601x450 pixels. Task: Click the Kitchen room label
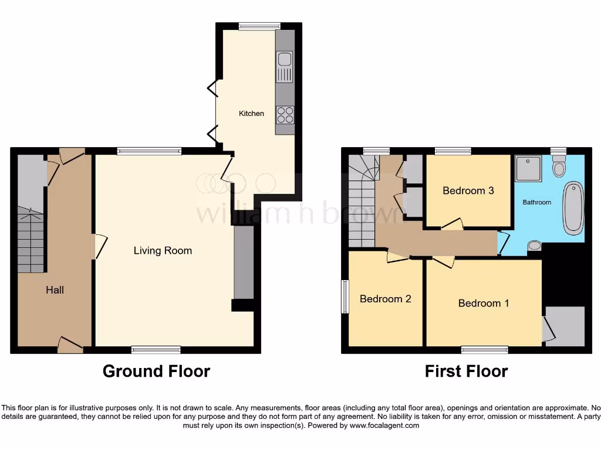[251, 113]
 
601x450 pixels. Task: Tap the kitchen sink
[285, 67]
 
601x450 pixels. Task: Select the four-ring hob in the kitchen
[285, 114]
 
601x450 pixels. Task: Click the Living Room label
[163, 251]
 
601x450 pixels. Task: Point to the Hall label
[55, 290]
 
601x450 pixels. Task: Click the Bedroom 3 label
[468, 190]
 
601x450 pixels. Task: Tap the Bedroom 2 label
[385, 299]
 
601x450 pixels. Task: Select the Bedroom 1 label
[483, 303]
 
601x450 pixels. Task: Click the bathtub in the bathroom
[573, 207]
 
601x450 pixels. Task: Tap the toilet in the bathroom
[559, 166]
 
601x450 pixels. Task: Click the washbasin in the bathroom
[534, 246]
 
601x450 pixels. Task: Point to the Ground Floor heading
[156, 371]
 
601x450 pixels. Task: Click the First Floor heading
[466, 371]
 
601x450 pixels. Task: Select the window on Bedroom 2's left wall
[345, 297]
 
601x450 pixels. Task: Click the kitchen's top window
[259, 26]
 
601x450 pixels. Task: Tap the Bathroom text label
[537, 202]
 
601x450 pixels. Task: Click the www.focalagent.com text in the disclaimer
[385, 425]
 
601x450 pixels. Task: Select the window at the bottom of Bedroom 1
[484, 350]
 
